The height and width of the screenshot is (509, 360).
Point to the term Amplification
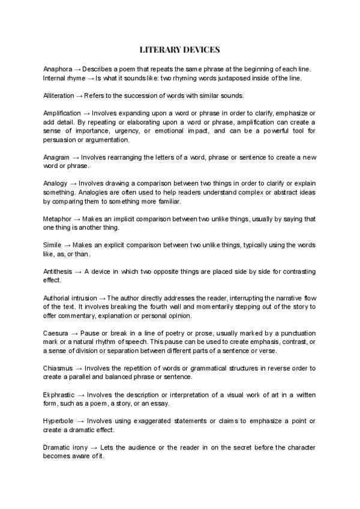tap(62, 113)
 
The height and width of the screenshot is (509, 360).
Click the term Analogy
tap(56, 182)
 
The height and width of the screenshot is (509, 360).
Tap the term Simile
tap(52, 245)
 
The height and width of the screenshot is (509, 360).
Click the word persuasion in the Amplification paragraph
tap(61, 139)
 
